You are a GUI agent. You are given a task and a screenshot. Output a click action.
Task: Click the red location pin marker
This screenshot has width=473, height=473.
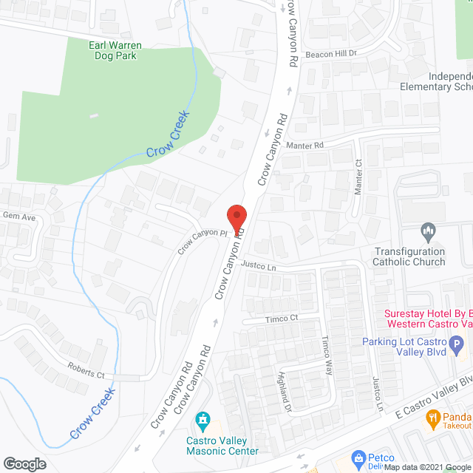(x=236, y=219)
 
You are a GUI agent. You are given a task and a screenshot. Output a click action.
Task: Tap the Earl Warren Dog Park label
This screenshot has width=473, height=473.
(x=115, y=51)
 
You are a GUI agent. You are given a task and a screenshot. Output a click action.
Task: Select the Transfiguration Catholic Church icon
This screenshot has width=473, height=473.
(x=428, y=233)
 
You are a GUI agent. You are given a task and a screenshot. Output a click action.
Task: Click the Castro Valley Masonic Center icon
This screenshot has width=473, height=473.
(x=202, y=422)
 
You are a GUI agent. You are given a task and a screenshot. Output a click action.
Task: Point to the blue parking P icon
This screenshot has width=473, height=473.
(x=457, y=344)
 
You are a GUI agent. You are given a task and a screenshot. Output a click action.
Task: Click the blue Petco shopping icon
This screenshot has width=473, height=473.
(x=358, y=459)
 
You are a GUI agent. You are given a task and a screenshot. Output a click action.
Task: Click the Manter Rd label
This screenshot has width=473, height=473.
(x=307, y=146)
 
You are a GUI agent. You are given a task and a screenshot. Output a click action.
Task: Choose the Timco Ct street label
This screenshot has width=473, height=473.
(x=281, y=319)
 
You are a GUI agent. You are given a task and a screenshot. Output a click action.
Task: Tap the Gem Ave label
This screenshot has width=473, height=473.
(x=19, y=217)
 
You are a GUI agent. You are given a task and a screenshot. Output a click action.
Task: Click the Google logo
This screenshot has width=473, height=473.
(x=24, y=463)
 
